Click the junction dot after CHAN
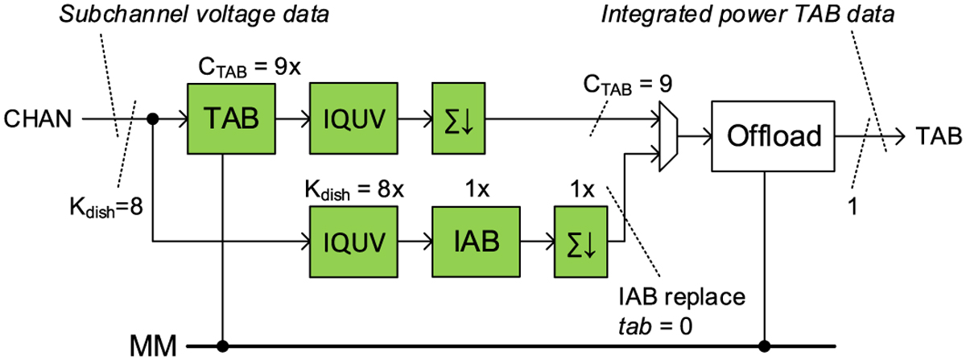click(153, 119)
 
